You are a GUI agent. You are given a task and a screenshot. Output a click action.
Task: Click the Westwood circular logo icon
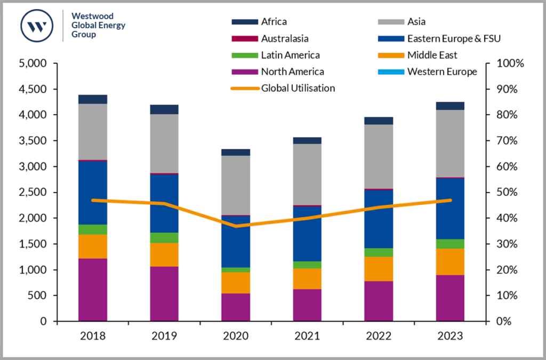pos(37,25)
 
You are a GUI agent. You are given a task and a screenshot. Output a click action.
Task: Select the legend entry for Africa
pos(274,22)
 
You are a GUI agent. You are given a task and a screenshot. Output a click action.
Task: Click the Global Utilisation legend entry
pos(298,88)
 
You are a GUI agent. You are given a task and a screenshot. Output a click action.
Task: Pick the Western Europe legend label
pos(442,71)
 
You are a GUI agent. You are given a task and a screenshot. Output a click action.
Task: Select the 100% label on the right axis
pos(510,63)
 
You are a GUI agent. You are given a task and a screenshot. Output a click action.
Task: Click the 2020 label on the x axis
pos(236,337)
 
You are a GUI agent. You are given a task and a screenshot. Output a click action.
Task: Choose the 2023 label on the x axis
pos(450,337)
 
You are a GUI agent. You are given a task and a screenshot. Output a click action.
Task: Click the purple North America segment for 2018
pos(93,290)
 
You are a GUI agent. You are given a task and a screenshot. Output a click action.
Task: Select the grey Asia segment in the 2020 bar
pos(236,185)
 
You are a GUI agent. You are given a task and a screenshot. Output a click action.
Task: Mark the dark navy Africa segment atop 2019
pos(164,109)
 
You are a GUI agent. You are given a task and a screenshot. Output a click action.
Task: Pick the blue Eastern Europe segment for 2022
pos(379,219)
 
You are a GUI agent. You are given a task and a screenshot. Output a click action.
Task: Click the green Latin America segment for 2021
pos(307,265)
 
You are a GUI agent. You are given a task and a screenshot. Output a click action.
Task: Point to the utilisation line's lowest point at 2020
pos(236,226)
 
